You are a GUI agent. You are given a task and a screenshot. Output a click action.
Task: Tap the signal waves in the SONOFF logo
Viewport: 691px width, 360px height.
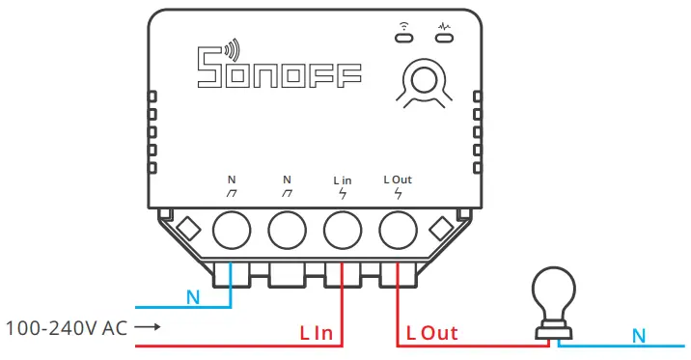231,51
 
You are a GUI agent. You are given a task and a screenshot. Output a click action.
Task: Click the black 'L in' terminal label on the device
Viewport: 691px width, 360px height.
342,180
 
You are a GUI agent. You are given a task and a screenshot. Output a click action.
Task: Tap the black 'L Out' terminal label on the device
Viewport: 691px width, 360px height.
398,180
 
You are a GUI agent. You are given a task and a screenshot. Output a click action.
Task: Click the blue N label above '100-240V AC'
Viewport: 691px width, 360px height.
193,297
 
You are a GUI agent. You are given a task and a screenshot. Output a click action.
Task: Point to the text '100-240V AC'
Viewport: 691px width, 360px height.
67,328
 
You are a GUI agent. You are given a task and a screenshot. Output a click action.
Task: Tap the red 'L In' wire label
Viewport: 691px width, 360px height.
316,333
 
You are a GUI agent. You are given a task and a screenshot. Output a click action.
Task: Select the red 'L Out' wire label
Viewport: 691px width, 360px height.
431,333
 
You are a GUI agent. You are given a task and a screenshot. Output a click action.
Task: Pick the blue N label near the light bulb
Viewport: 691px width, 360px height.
638,335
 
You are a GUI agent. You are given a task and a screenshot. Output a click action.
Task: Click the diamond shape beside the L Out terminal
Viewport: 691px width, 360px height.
442,229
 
